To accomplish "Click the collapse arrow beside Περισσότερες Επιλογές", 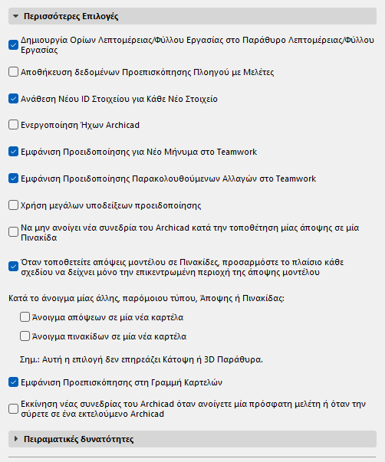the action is click(x=15, y=15).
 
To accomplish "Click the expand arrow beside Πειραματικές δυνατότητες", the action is click(x=15, y=439).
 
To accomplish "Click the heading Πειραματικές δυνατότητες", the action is click(x=79, y=439).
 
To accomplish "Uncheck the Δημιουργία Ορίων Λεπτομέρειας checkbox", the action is click(x=13, y=44).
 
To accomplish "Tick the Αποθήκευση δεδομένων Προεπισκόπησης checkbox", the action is click(x=13, y=72).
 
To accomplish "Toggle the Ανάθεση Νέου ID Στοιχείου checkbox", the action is click(x=13, y=99).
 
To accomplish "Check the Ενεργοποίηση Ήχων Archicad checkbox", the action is click(x=13, y=125).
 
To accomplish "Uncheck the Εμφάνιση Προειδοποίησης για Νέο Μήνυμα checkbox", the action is click(x=13, y=152).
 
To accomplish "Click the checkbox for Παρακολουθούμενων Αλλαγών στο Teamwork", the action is click(x=13, y=179).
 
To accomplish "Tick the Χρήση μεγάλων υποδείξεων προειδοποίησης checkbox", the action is click(x=13, y=205).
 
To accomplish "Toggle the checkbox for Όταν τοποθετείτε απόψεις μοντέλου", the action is click(x=13, y=267).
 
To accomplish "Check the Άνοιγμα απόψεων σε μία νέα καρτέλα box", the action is click(x=25, y=316).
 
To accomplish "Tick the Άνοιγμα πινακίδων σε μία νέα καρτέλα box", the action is click(x=25, y=336).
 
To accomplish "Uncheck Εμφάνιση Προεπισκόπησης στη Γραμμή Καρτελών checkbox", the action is click(x=13, y=381).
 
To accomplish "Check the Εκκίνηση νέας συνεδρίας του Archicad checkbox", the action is click(x=13, y=408).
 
